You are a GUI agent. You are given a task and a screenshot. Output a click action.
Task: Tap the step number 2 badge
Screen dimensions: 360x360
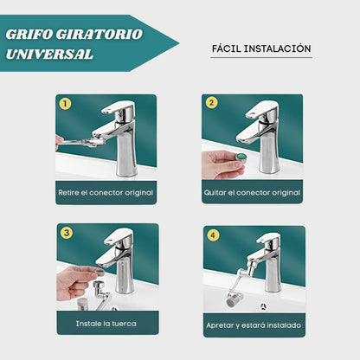click(x=212, y=103)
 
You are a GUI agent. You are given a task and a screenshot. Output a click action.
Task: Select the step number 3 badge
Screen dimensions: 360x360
click(x=66, y=233)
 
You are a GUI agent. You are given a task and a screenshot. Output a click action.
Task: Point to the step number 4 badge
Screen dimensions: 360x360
click(x=213, y=234)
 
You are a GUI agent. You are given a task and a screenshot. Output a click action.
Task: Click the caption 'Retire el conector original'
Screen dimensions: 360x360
click(x=106, y=192)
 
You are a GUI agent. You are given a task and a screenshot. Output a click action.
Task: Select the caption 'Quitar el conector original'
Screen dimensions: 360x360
click(x=253, y=192)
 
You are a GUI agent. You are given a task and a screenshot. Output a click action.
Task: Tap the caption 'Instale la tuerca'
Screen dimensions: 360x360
click(x=107, y=323)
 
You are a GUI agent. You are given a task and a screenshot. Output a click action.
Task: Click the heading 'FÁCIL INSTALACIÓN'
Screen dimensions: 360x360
click(x=260, y=49)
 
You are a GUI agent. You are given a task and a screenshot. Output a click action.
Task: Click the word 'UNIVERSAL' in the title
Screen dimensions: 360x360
click(x=48, y=54)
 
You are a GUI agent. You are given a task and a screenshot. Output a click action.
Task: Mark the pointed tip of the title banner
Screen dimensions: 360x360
click(x=178, y=42)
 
